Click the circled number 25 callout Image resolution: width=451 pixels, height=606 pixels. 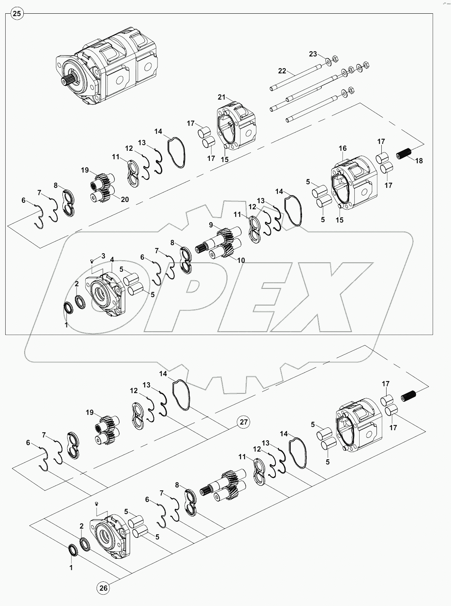click(17, 14)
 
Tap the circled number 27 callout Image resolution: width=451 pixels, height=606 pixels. click(243, 422)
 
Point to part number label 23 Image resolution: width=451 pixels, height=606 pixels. click(313, 54)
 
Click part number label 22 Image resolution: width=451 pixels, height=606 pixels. click(282, 71)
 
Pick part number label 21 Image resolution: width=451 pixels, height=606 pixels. click(222, 97)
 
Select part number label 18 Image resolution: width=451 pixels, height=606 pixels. click(419, 160)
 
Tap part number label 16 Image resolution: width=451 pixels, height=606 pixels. click(342, 148)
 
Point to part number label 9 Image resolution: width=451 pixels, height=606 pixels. click(211, 225)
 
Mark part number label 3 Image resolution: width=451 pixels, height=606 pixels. click(103, 256)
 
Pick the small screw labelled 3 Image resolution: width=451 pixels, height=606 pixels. click(92, 261)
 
